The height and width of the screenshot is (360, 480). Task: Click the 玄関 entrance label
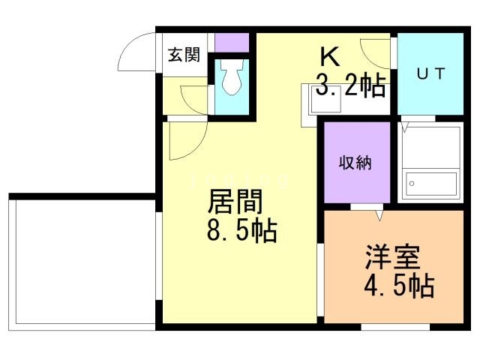[x=184, y=55]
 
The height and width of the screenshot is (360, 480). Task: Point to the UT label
[x=430, y=73]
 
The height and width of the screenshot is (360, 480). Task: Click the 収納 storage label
[x=355, y=162]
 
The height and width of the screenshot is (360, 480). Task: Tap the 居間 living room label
[x=235, y=203]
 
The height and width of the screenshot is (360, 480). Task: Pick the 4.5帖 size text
[x=399, y=286]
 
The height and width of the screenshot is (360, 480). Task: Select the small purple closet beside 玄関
[x=231, y=42]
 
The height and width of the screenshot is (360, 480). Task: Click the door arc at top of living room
[x=186, y=140]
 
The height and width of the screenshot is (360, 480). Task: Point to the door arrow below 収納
[x=379, y=215]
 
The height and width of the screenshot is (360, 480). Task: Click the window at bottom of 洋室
[x=395, y=326]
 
